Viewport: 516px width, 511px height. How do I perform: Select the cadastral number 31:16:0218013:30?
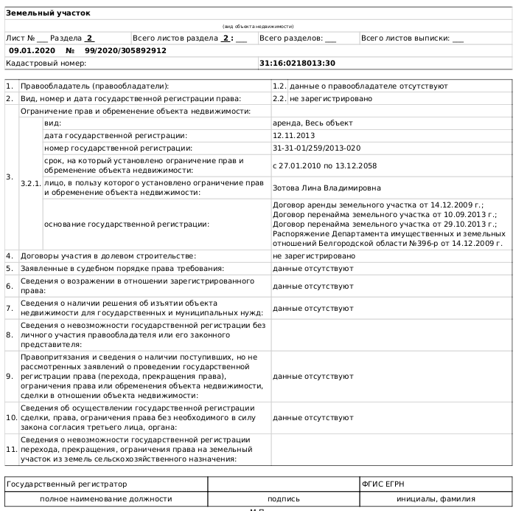click(297, 64)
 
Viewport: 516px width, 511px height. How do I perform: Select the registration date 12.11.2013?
click(293, 136)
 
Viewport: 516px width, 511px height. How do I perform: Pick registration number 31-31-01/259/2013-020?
click(316, 148)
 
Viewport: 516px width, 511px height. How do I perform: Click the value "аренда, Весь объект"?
click(313, 123)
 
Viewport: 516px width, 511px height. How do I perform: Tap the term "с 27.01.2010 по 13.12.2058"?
click(324, 165)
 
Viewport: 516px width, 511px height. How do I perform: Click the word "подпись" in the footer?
click(283, 498)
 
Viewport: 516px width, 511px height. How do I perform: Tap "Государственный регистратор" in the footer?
click(66, 484)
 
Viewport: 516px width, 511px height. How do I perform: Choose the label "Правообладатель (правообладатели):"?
click(94, 86)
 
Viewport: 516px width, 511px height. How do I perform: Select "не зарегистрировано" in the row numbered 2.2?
click(330, 98)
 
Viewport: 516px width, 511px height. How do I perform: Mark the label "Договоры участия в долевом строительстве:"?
click(108, 255)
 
